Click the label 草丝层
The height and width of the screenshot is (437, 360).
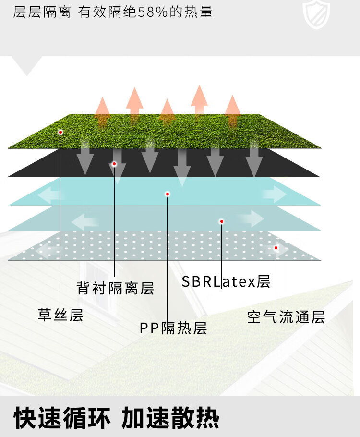click(x=60, y=315)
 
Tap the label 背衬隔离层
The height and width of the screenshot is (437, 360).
click(x=115, y=288)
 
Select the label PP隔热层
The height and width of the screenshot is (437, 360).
click(x=173, y=328)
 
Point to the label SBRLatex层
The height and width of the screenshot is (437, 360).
click(x=226, y=281)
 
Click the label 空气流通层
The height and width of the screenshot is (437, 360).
click(x=286, y=317)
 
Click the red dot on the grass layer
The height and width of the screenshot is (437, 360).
click(x=60, y=132)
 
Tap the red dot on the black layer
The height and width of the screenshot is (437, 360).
click(x=114, y=164)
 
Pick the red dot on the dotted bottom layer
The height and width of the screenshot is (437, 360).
click(x=276, y=248)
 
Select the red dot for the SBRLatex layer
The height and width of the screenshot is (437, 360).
click(x=222, y=221)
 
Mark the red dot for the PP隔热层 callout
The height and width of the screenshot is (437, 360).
click(x=168, y=194)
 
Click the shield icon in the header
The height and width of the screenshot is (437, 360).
click(x=316, y=14)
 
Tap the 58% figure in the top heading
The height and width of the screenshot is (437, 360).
click(x=153, y=12)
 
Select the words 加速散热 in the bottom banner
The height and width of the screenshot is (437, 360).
click(x=170, y=418)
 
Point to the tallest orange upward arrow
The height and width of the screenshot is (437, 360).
click(x=199, y=100)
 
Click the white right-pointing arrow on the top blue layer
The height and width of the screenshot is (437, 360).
click(x=275, y=194)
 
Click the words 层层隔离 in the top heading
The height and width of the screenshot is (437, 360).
click(x=42, y=12)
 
